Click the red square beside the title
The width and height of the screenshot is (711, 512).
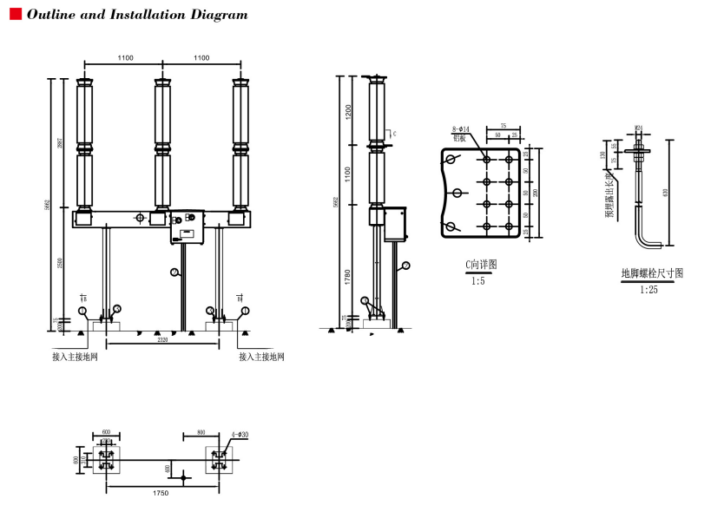15,14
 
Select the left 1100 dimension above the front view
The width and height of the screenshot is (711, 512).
125,58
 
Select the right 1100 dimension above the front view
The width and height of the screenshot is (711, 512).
201,58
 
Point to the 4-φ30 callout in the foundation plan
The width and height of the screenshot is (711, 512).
240,435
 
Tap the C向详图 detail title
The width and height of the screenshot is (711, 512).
481,265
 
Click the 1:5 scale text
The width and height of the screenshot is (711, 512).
478,281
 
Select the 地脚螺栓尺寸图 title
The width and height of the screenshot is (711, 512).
651,273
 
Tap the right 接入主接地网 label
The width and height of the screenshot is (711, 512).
261,357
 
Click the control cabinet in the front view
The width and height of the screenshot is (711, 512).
186,226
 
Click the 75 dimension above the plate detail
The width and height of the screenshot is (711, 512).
503,126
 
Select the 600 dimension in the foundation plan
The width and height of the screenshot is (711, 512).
106,431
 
